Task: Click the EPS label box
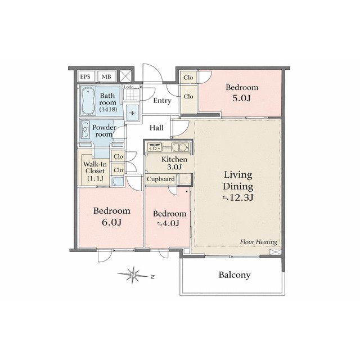click(85, 76)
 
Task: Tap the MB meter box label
click(106, 76)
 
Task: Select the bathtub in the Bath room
click(88, 101)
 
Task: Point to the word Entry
click(163, 101)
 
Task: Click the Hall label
click(156, 128)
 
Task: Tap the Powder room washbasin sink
click(85, 130)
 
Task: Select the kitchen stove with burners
click(155, 147)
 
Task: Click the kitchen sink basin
click(180, 147)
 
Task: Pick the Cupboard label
click(160, 179)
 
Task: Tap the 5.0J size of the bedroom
click(241, 98)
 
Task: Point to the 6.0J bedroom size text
click(111, 222)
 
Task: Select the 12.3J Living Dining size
click(238, 197)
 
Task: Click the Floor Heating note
click(259, 242)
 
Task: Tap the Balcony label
click(235, 275)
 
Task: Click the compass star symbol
click(133, 274)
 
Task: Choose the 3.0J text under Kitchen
click(174, 167)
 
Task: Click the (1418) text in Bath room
click(108, 109)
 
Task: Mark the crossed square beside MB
click(126, 76)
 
